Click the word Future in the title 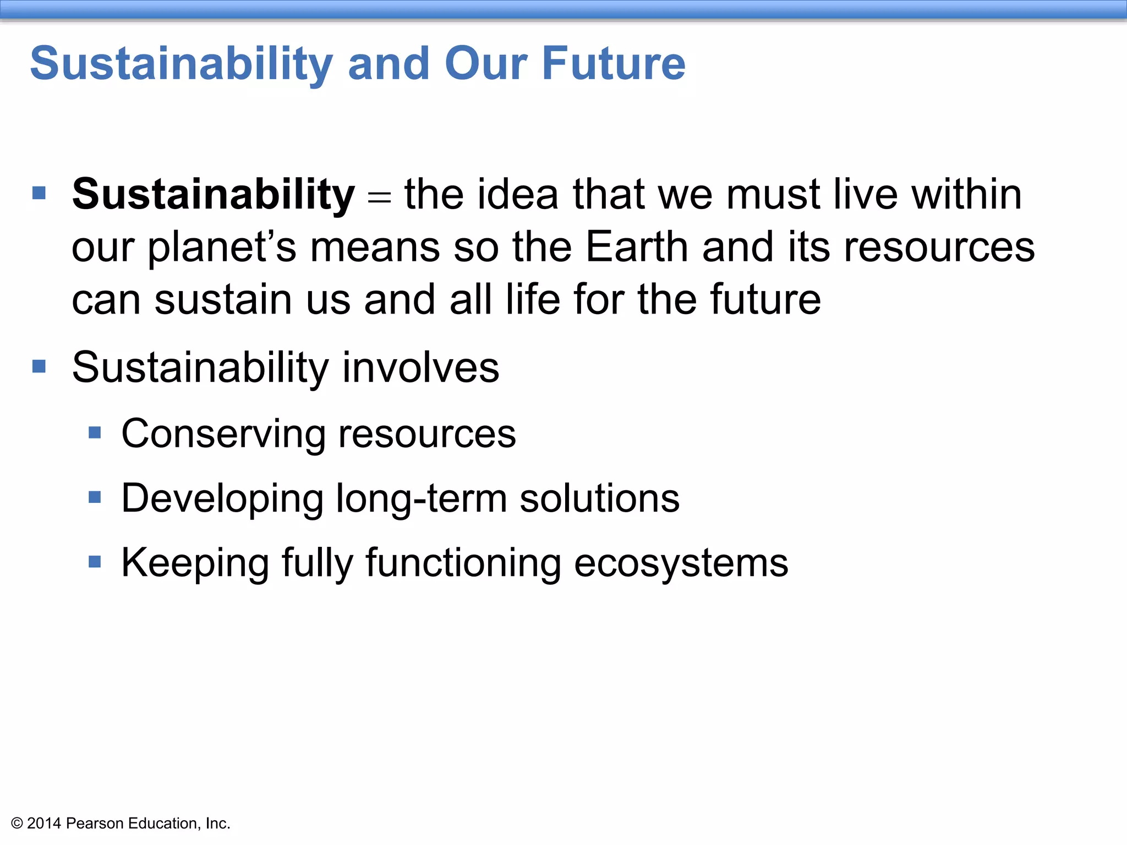[614, 64]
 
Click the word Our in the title [486, 64]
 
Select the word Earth [637, 247]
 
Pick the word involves [420, 367]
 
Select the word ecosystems [681, 563]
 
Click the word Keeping [195, 563]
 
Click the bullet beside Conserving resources [95, 433]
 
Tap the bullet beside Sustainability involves [39, 366]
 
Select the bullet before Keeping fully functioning [95, 562]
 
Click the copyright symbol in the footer [17, 824]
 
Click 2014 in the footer [44, 824]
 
